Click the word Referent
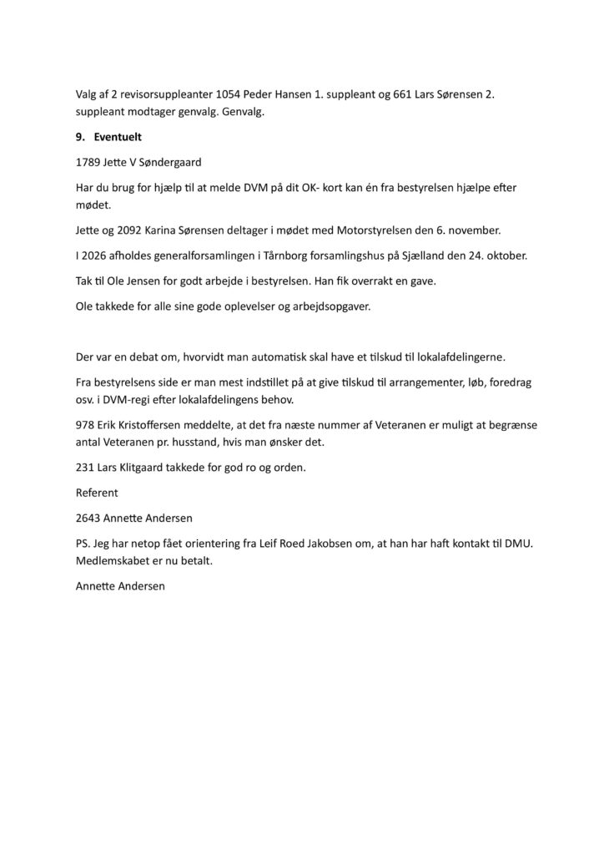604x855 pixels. (x=97, y=493)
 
